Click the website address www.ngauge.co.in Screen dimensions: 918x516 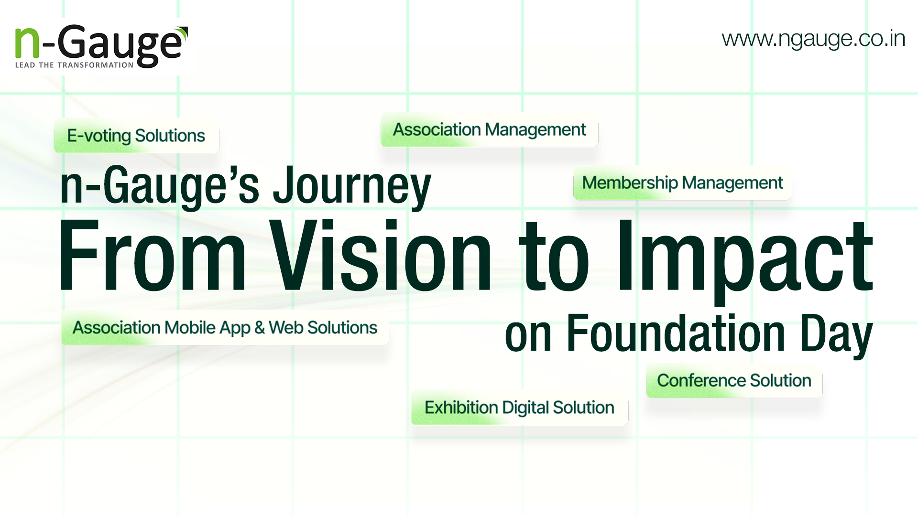coord(813,39)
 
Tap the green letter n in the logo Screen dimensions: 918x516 coord(27,43)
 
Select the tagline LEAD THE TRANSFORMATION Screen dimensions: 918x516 coord(74,65)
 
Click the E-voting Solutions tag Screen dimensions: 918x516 coord(136,136)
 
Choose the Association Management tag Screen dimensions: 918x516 coord(489,129)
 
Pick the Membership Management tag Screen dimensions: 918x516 coord(682,183)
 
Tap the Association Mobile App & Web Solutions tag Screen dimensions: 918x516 coord(225,328)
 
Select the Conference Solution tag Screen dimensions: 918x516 coord(734,381)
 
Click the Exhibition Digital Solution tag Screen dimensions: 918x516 coord(519,408)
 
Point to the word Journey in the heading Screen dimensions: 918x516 coord(352,186)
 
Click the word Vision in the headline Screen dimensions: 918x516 coord(381,255)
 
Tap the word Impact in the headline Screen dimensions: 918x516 coord(745,260)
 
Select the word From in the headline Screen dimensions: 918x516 coord(152,255)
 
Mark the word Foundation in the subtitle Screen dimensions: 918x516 coord(676,333)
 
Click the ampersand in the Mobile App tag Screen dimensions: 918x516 coord(260,328)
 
